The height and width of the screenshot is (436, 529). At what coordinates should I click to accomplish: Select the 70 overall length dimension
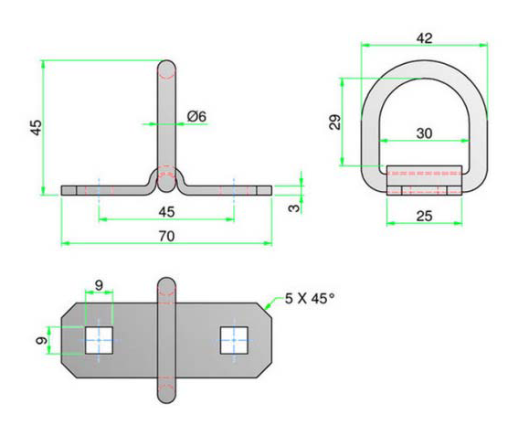click(x=166, y=235)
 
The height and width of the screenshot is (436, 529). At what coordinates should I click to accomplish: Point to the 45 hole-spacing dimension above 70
click(x=166, y=212)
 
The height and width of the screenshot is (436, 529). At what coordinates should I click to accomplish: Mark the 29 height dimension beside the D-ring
click(x=335, y=122)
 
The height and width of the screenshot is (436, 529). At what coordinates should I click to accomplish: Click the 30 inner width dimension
click(x=423, y=133)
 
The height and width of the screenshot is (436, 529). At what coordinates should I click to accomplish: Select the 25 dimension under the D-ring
click(x=423, y=215)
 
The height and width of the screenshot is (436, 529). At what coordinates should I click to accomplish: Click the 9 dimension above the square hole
click(x=99, y=283)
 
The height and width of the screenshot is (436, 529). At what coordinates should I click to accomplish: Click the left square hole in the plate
click(x=99, y=341)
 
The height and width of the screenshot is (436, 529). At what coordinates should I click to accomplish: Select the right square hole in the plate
click(x=234, y=341)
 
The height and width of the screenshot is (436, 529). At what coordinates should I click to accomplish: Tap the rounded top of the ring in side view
click(x=166, y=69)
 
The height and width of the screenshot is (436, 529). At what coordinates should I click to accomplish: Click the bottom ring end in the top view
click(x=166, y=395)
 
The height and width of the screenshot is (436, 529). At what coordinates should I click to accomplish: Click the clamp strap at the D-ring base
click(x=423, y=180)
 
